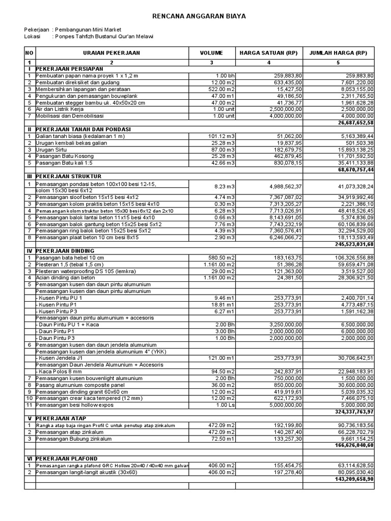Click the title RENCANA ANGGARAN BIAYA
pyautogui.click(x=199, y=16)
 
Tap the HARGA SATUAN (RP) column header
pyautogui.click(x=268, y=52)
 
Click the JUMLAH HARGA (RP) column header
pyautogui.click(x=338, y=52)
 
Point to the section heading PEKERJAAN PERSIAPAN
pyautogui.click(x=69, y=68)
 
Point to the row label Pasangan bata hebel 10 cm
pyautogui.click(x=70, y=257)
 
